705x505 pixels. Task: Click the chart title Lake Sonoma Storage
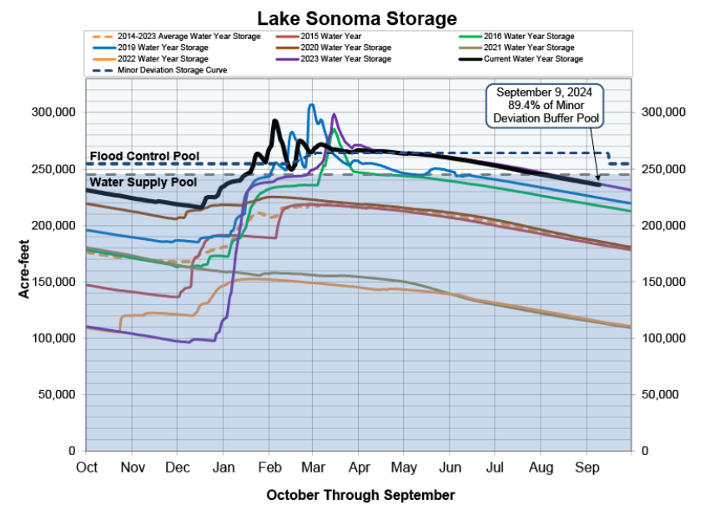(x=357, y=17)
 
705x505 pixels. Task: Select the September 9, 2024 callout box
(x=546, y=105)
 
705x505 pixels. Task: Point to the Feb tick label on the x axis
(x=269, y=467)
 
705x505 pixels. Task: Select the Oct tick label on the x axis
(x=87, y=467)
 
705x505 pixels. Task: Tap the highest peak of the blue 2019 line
(x=312, y=105)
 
